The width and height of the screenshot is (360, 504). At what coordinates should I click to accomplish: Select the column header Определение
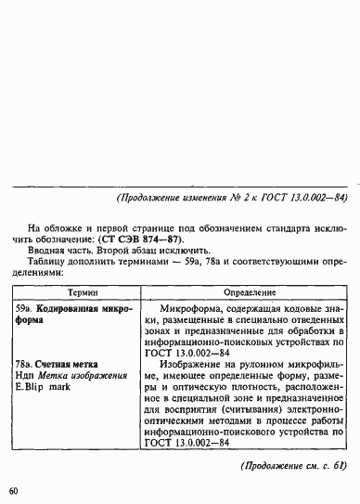click(x=250, y=291)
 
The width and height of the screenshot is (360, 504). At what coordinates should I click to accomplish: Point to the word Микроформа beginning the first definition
click(x=193, y=307)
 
